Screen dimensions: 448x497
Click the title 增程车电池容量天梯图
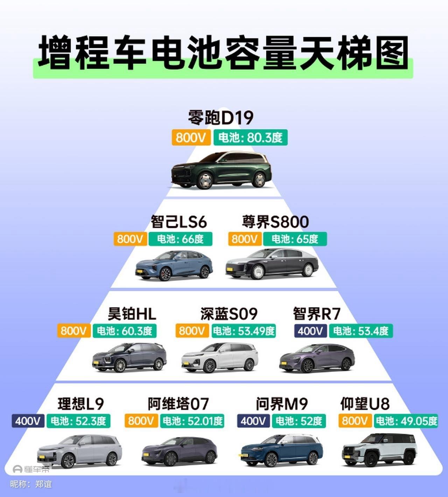pos(223,53)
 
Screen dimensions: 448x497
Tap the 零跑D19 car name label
pos(220,118)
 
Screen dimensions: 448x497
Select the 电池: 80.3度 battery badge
pos(250,137)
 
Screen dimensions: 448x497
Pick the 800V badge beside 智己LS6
pos(130,239)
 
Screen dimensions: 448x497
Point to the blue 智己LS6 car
pos(174,266)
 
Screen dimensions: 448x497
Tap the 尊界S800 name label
pos(275,222)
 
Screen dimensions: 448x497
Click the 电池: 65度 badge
pos(295,239)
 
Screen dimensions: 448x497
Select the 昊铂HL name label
pos(132,313)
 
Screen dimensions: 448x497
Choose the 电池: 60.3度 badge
pos(124,331)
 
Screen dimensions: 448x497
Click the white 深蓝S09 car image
pos(220,358)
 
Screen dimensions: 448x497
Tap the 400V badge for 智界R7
pos(310,331)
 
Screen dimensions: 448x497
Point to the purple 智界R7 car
pos(317,358)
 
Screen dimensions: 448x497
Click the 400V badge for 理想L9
pos(28,421)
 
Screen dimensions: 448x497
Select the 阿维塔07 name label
pos(178,403)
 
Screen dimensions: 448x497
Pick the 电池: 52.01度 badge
pos(192,421)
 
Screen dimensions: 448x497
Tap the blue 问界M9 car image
pos(281,451)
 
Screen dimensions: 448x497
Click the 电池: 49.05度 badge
pos(406,421)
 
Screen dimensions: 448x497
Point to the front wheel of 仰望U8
pos(371,459)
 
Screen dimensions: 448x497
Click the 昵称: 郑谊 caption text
pos(31,484)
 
